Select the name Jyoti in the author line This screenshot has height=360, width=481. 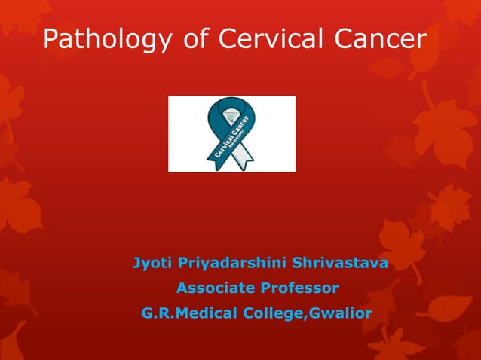[x=151, y=264]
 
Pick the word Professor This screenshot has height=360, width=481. [x=299, y=288]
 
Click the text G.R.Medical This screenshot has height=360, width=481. [x=187, y=313]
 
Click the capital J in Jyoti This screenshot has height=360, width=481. [x=136, y=264]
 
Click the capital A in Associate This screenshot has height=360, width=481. [x=182, y=288]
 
